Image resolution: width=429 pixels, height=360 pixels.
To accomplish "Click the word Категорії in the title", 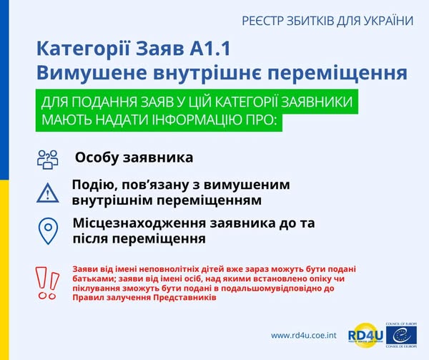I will click(82, 49).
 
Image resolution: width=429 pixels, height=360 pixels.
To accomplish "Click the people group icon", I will click(47, 159).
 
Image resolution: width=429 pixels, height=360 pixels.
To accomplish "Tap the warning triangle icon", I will click(47, 193).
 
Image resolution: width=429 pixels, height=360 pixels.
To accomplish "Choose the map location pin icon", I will click(47, 230).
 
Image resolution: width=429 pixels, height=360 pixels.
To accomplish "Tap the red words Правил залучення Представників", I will click(144, 296).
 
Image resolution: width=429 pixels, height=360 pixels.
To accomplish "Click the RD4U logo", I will click(363, 334).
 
